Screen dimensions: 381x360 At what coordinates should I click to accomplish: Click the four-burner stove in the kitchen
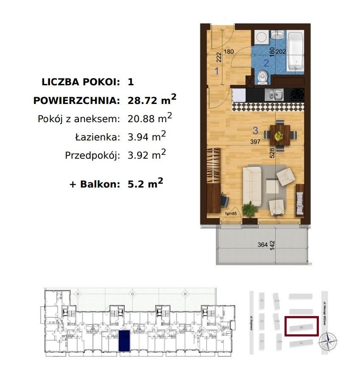(x=297, y=94)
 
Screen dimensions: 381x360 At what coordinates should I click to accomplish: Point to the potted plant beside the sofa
(x=249, y=209)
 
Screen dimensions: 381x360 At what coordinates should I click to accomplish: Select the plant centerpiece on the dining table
(x=279, y=136)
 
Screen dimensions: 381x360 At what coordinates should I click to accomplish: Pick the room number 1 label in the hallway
(x=216, y=71)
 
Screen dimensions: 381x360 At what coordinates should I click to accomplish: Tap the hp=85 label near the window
(x=231, y=213)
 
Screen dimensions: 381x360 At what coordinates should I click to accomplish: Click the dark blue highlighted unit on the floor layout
(x=124, y=341)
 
